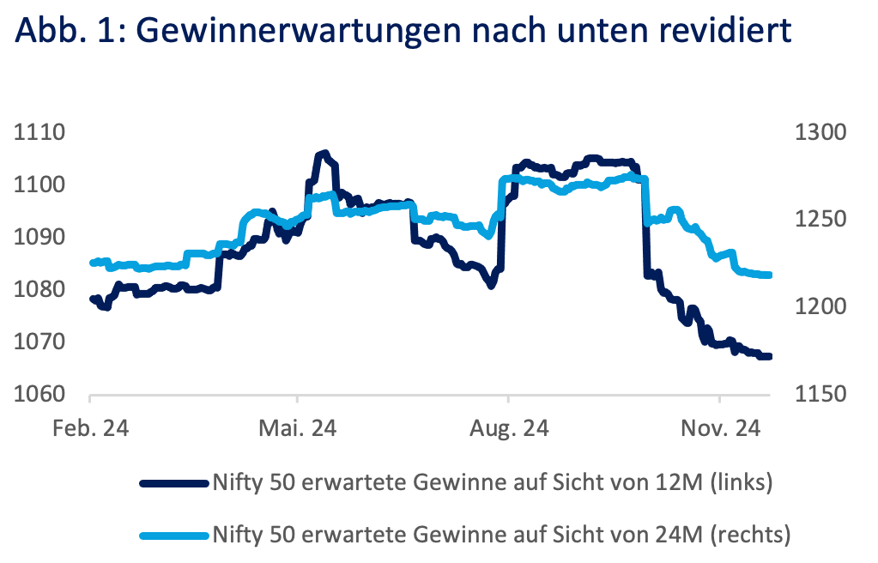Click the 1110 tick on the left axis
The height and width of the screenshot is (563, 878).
click(x=40, y=133)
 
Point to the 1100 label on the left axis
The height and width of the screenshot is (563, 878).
click(x=40, y=185)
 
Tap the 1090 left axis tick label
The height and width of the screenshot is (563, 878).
click(x=40, y=238)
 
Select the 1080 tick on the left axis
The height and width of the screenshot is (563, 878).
click(x=40, y=290)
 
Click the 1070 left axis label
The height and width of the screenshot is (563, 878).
click(x=40, y=342)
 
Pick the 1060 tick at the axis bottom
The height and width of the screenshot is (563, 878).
click(x=40, y=395)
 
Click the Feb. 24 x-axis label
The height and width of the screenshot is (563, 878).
click(x=90, y=428)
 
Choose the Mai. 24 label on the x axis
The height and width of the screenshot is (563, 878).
click(x=298, y=428)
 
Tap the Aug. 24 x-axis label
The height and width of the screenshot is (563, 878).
click(x=508, y=428)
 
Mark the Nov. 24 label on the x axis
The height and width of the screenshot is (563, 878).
click(x=719, y=428)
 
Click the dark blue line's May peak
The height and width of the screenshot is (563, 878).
click(x=323, y=153)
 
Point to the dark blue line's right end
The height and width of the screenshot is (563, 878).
click(x=770, y=356)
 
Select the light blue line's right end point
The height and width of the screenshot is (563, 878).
click(x=770, y=275)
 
